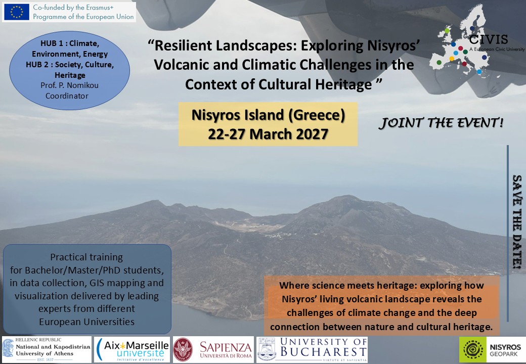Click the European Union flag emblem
[x=16, y=12]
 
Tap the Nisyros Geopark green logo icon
[x=473, y=349]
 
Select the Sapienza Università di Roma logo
[x=213, y=350]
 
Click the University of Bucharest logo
[x=312, y=350]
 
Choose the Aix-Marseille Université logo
[x=132, y=350]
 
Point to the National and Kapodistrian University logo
[x=47, y=350]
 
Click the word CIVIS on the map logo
[x=489, y=39]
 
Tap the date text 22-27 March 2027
[x=268, y=134]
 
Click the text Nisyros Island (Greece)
[x=268, y=115]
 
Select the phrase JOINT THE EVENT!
[x=441, y=123]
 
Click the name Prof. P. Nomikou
[x=69, y=85]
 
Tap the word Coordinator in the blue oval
[x=67, y=96]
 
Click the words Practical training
[x=86, y=257]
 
